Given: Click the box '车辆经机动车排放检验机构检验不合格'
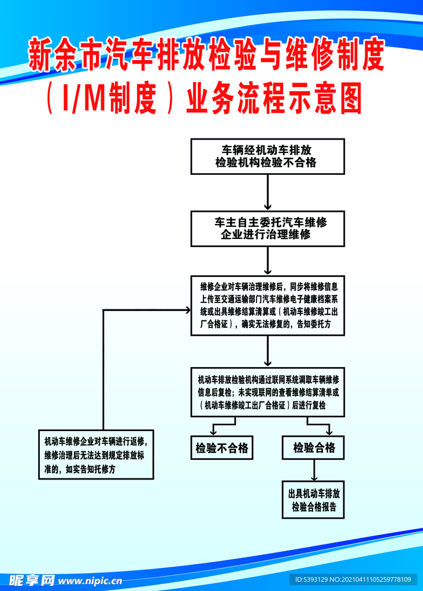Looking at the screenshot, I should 268,156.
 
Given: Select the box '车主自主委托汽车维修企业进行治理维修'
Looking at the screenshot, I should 268,229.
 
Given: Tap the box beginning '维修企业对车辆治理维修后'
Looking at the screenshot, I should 268,305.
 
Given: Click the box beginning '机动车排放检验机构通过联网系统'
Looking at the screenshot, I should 268,392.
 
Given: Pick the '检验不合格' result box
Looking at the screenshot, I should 222,448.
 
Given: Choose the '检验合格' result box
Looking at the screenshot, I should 314,448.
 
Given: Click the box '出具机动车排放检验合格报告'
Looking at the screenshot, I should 314,500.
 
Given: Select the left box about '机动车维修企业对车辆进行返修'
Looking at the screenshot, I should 96,455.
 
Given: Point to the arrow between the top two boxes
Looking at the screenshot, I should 268,192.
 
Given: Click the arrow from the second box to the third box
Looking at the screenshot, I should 268,261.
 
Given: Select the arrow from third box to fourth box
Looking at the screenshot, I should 268,351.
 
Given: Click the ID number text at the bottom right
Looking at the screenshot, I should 352,579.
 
